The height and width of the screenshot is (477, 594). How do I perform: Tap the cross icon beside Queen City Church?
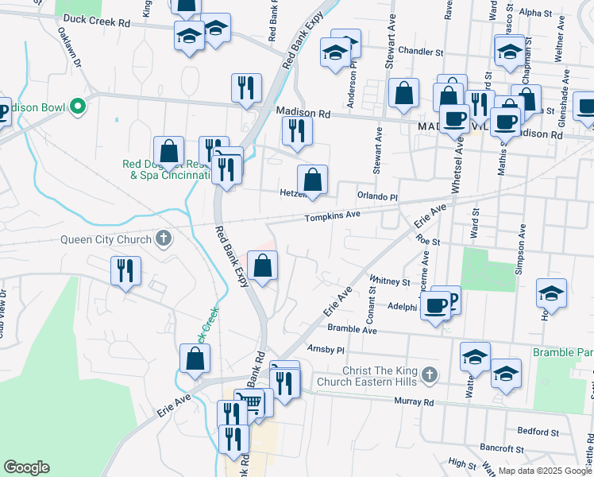point(164,238)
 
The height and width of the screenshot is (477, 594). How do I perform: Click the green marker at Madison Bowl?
point(77,106)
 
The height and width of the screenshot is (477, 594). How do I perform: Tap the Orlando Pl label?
point(376,196)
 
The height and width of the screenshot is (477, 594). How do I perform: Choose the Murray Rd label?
point(417,402)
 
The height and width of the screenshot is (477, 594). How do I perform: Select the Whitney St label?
point(389,281)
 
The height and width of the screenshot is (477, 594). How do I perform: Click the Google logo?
point(26,467)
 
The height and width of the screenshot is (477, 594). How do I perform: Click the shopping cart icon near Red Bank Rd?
point(253,401)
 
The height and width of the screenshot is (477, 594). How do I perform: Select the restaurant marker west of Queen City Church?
point(125,271)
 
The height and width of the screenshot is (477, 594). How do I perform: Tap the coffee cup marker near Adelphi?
point(435,304)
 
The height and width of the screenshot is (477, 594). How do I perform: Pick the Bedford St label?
point(539,432)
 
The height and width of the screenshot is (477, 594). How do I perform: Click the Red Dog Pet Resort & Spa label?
point(164,170)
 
